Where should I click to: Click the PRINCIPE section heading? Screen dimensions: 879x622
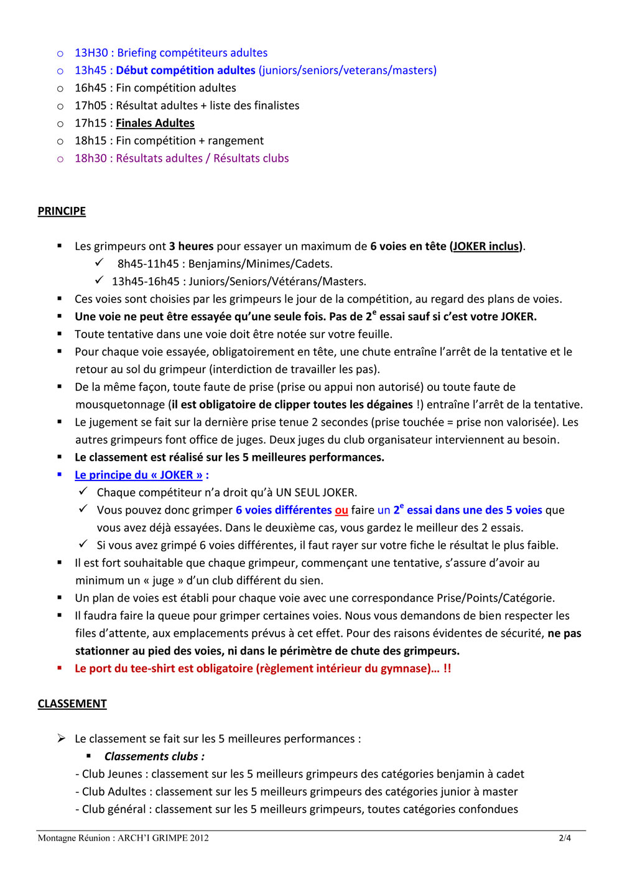62,211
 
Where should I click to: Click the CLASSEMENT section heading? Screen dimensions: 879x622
72,704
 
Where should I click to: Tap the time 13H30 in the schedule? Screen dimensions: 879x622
91,53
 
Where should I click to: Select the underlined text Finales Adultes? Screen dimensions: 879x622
155,123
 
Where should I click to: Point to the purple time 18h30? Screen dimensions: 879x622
91,159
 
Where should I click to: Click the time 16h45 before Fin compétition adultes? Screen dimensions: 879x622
91,88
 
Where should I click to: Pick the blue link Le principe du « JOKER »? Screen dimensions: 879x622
139,475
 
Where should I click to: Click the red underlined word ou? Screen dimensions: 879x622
341,510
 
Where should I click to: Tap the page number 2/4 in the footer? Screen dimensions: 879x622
565,838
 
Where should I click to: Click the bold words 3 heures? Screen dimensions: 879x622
191,246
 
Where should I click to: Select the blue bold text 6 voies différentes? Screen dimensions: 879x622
284,510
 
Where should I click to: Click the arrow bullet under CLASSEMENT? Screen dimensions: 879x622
61,739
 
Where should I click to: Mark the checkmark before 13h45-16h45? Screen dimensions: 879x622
99,280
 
